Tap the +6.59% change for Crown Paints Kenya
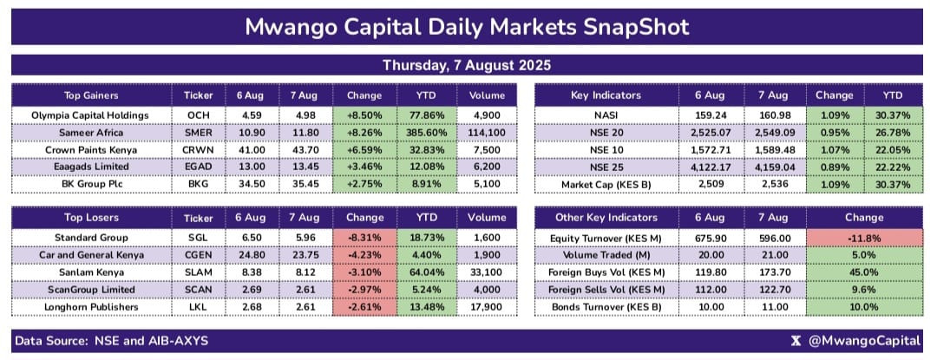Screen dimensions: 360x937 pyautogui.click(x=364, y=150)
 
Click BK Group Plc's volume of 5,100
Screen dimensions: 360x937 pyautogui.click(x=487, y=185)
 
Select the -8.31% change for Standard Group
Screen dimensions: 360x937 pyautogui.click(x=364, y=237)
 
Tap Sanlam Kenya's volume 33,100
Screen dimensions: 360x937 pyautogui.click(x=487, y=272)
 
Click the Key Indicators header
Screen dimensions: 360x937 pyautogui.click(x=606, y=95)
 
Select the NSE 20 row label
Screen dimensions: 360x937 pyautogui.click(x=606, y=133)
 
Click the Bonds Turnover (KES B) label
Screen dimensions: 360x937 pyautogui.click(x=606, y=307)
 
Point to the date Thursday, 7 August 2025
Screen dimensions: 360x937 pyautogui.click(x=467, y=65)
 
